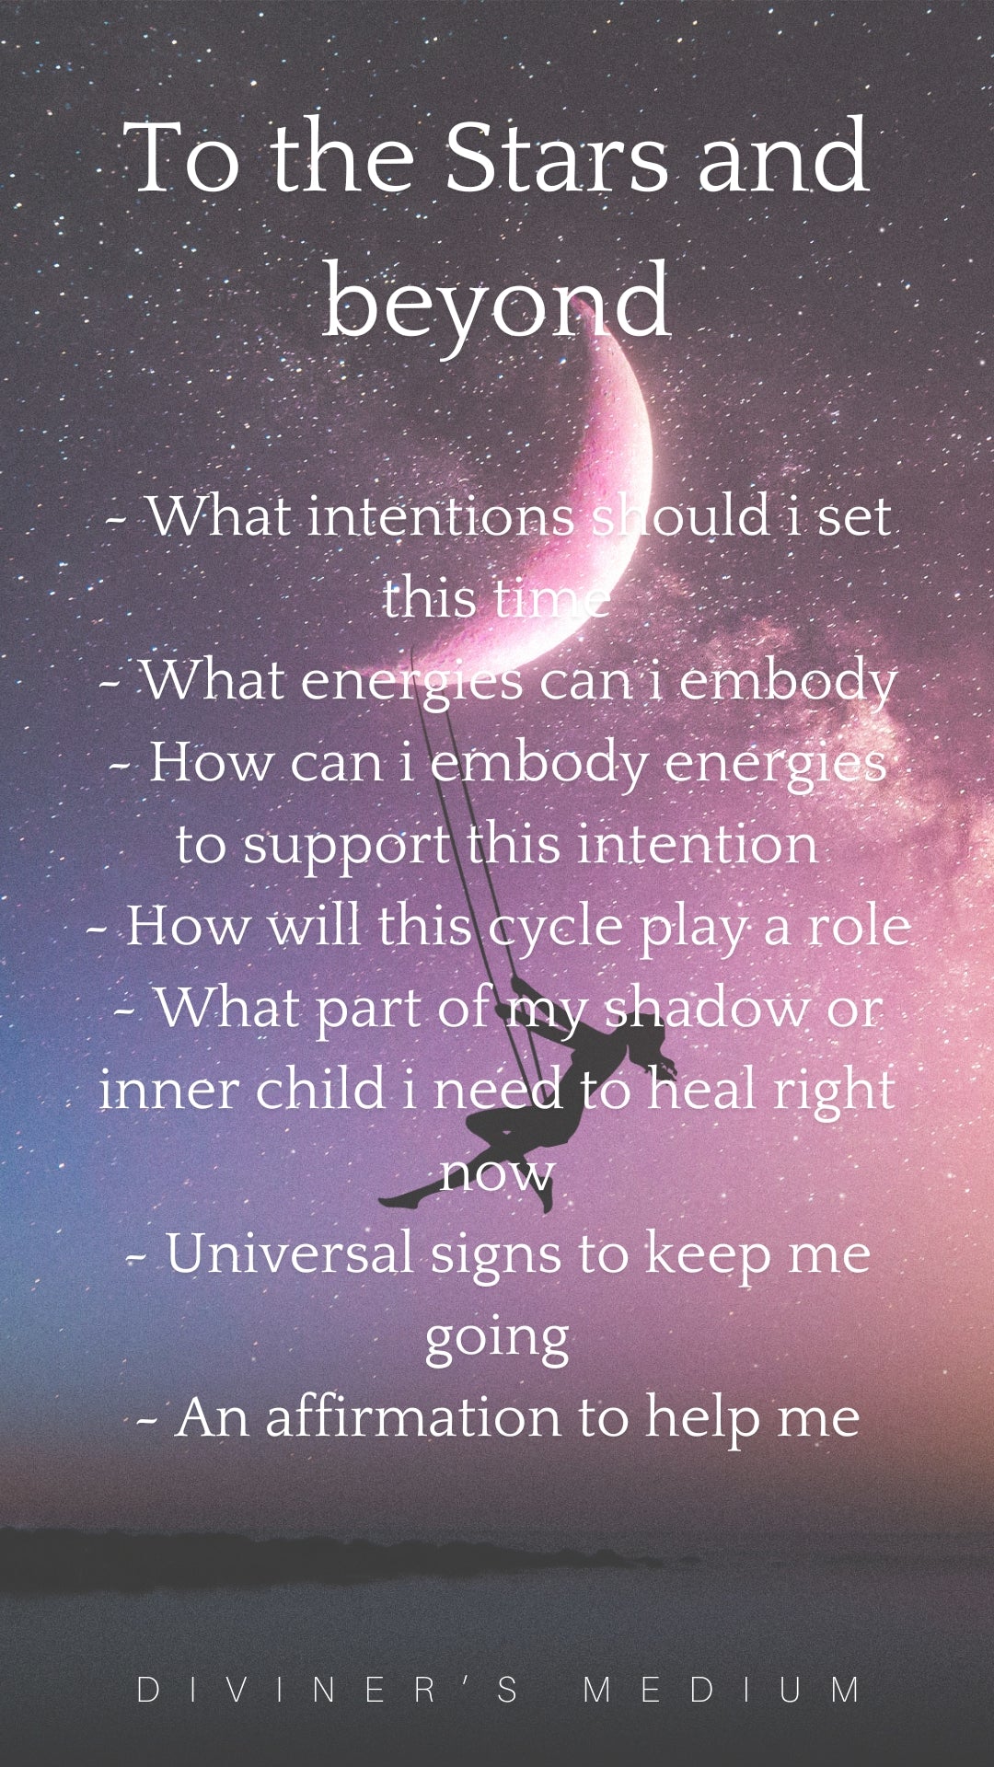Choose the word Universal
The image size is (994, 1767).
pyautogui.click(x=289, y=1254)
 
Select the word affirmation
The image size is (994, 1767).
pyautogui.click(x=413, y=1417)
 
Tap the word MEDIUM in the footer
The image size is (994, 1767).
pyautogui.click(x=722, y=1690)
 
